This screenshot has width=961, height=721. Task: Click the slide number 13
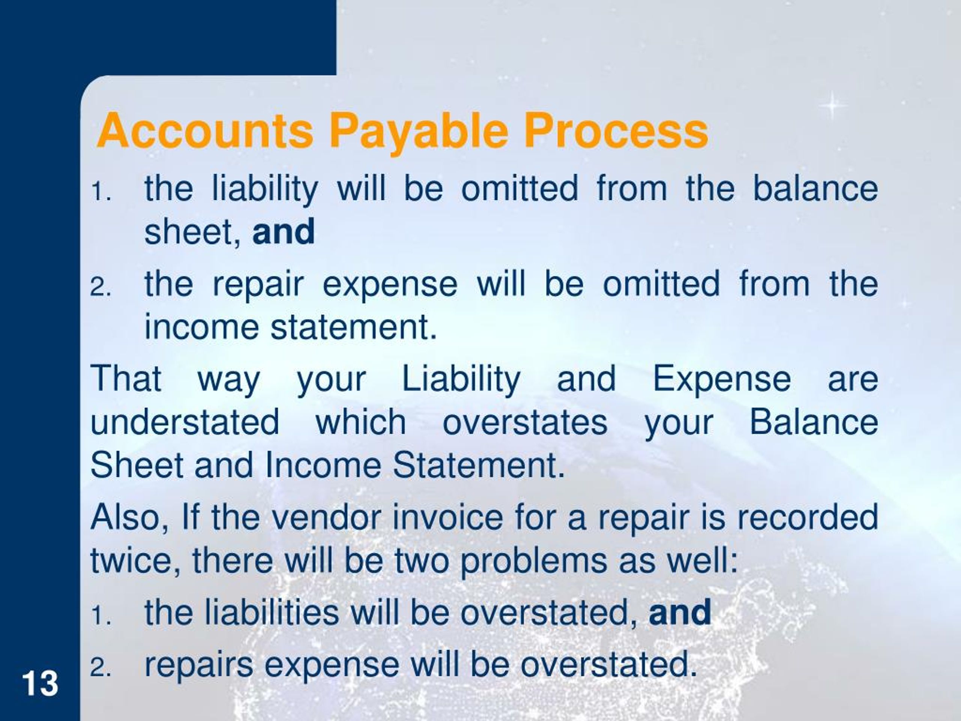click(x=40, y=683)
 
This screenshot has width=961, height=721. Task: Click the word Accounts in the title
click(x=205, y=130)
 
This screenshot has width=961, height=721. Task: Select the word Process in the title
click(x=616, y=130)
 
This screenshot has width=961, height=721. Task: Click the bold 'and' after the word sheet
click(x=283, y=231)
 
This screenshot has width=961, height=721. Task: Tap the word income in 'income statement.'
click(x=202, y=327)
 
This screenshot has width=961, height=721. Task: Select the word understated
click(x=185, y=422)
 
